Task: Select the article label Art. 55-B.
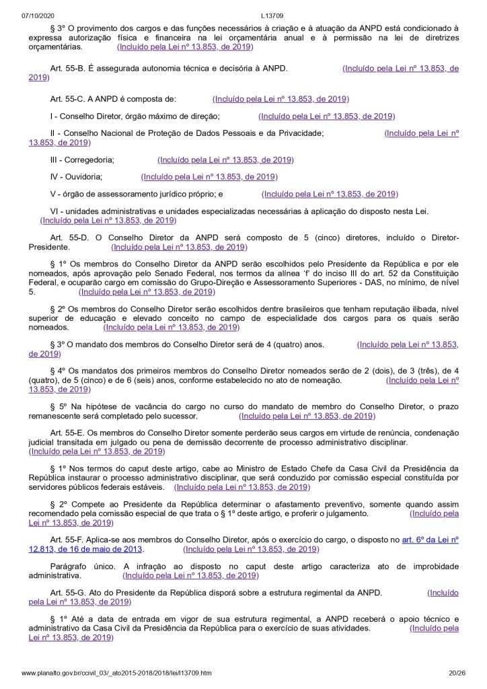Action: (x=69, y=69)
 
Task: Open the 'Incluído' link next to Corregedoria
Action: (x=225, y=160)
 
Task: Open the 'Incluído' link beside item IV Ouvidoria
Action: (x=209, y=177)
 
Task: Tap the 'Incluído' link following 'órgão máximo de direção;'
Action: (x=328, y=116)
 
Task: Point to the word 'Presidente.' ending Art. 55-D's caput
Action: (x=48, y=248)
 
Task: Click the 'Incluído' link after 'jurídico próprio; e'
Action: (x=330, y=194)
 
